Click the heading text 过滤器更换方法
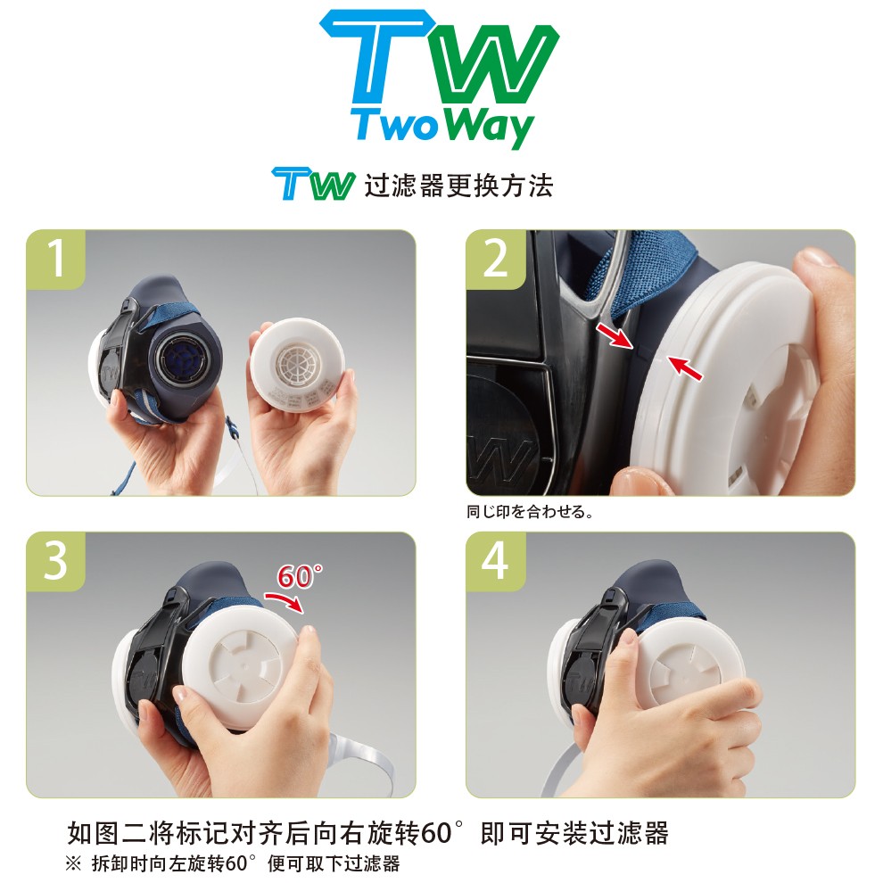[458, 186]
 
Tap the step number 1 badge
[55, 259]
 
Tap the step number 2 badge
[495, 259]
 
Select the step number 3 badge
[55, 561]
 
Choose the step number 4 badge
[495, 561]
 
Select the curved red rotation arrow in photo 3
[287, 601]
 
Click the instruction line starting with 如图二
[367, 835]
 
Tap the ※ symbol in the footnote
[73, 864]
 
